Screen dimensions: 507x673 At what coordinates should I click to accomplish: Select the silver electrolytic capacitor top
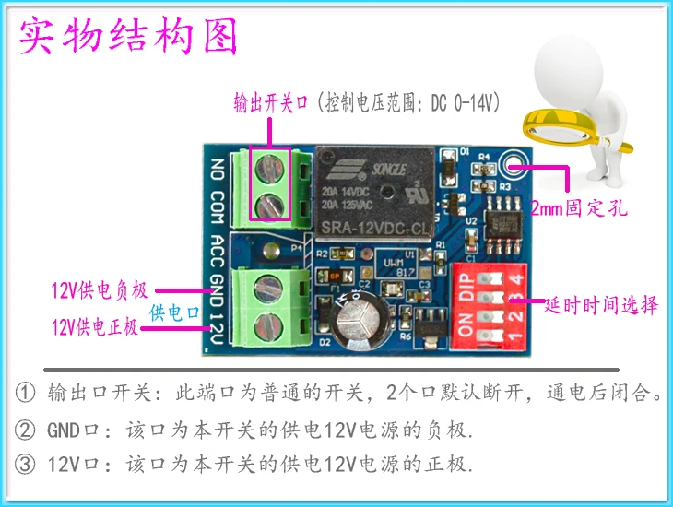(x=359, y=323)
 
